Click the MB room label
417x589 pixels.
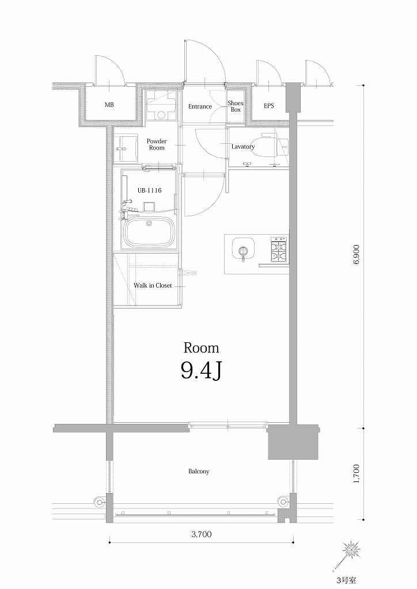coord(109,106)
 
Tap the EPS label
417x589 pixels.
coord(269,106)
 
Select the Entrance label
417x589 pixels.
coord(200,106)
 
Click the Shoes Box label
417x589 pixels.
coord(235,106)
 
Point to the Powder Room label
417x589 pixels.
coord(156,144)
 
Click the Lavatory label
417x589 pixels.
coord(243,147)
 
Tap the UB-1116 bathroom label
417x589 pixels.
coord(149,190)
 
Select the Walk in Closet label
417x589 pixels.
coord(153,285)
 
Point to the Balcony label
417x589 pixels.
coord(199,472)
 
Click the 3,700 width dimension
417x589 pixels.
coord(201,534)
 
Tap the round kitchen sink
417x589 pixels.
coord(242,250)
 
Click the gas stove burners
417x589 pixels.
coord(279,249)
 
